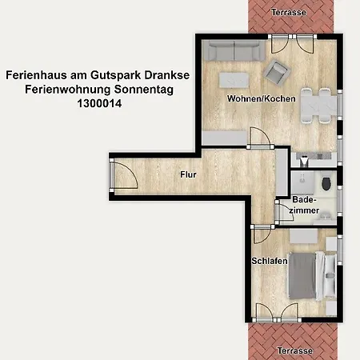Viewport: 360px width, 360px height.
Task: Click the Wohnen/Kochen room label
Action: pos(262,99)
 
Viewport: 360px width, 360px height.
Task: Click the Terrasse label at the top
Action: pos(289,12)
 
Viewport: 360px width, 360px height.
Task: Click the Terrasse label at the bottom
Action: pos(289,350)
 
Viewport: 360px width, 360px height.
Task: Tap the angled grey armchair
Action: pos(278,72)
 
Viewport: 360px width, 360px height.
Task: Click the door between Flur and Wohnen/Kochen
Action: pos(258,140)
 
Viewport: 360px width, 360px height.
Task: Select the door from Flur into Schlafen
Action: pos(262,234)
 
